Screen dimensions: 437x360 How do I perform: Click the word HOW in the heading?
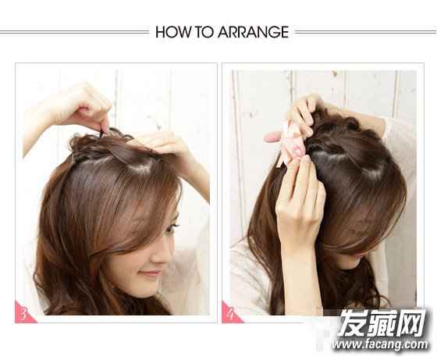173,32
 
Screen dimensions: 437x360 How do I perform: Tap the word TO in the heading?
204,32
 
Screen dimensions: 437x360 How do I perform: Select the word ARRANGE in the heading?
253,32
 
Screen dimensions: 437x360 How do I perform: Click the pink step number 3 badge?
23,314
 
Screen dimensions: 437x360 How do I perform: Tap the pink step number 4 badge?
230,314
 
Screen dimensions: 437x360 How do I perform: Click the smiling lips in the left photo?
151,273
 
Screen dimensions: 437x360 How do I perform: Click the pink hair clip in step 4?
284,142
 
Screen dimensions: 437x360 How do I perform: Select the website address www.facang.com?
379,344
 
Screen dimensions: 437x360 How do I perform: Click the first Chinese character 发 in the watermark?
353,323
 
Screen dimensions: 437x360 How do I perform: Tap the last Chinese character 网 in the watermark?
410,323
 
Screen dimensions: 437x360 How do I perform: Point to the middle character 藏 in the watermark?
382,323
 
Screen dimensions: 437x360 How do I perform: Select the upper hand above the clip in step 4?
304,114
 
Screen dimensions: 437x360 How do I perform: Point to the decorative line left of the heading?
74,32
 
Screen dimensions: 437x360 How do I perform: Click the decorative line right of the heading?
366,32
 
